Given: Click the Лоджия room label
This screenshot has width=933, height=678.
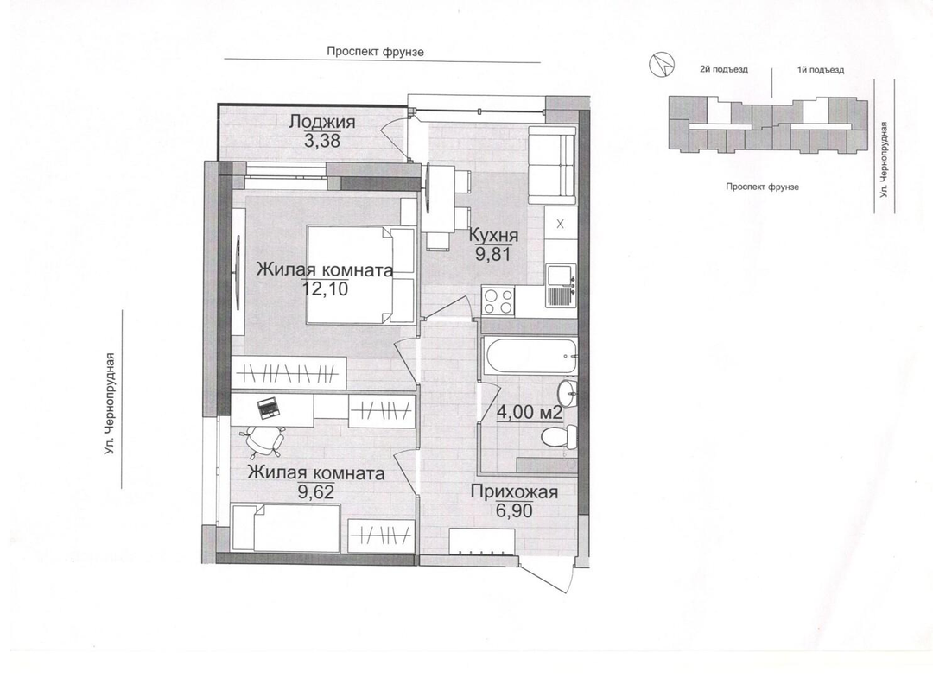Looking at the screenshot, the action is (x=322, y=122).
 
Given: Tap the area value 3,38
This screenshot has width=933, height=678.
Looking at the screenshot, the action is (x=322, y=141).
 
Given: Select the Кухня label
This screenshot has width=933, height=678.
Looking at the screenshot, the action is (x=494, y=236).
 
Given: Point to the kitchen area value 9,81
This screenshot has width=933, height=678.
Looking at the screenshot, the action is (x=493, y=254).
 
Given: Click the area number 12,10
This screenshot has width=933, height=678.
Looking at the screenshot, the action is (x=325, y=289).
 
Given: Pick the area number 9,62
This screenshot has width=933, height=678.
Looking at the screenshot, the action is (x=315, y=491).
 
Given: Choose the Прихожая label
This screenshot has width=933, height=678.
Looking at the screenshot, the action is (x=514, y=491).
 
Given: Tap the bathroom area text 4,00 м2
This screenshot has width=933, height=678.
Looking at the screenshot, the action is (x=530, y=412).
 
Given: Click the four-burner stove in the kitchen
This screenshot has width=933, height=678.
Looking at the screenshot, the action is (x=498, y=301).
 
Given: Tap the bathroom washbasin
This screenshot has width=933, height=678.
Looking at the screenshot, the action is (x=567, y=392).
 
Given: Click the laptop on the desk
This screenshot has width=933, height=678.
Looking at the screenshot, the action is (x=268, y=409).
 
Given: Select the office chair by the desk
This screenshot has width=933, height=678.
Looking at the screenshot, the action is (x=263, y=440).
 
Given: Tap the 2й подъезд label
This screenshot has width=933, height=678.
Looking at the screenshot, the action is (x=724, y=70).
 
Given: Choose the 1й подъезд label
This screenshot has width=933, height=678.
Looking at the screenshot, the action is (x=821, y=70).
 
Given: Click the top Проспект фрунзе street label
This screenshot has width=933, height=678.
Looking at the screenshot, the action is (x=376, y=52).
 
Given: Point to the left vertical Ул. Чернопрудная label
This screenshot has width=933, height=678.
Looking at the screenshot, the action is (x=109, y=404).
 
